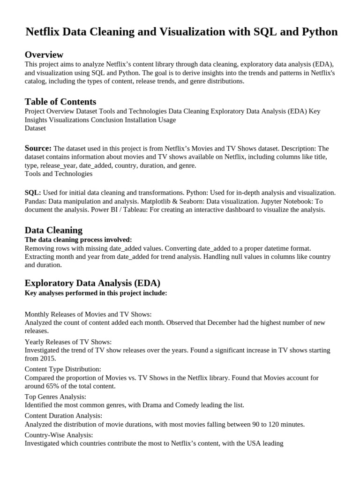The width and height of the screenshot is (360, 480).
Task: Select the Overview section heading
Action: pyautogui.click(x=44, y=55)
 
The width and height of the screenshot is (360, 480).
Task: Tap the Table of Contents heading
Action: pyautogui.click(x=60, y=102)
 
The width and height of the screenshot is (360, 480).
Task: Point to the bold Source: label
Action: pyautogui.click(x=38, y=148)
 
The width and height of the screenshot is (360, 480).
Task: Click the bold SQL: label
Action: pyautogui.click(x=32, y=193)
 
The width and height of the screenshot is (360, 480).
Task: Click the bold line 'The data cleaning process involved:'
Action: pyautogui.click(x=78, y=240)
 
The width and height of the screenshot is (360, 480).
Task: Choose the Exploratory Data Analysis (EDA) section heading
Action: pyautogui.click(x=92, y=283)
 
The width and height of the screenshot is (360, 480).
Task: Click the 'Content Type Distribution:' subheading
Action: pyautogui.click(x=63, y=369)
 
